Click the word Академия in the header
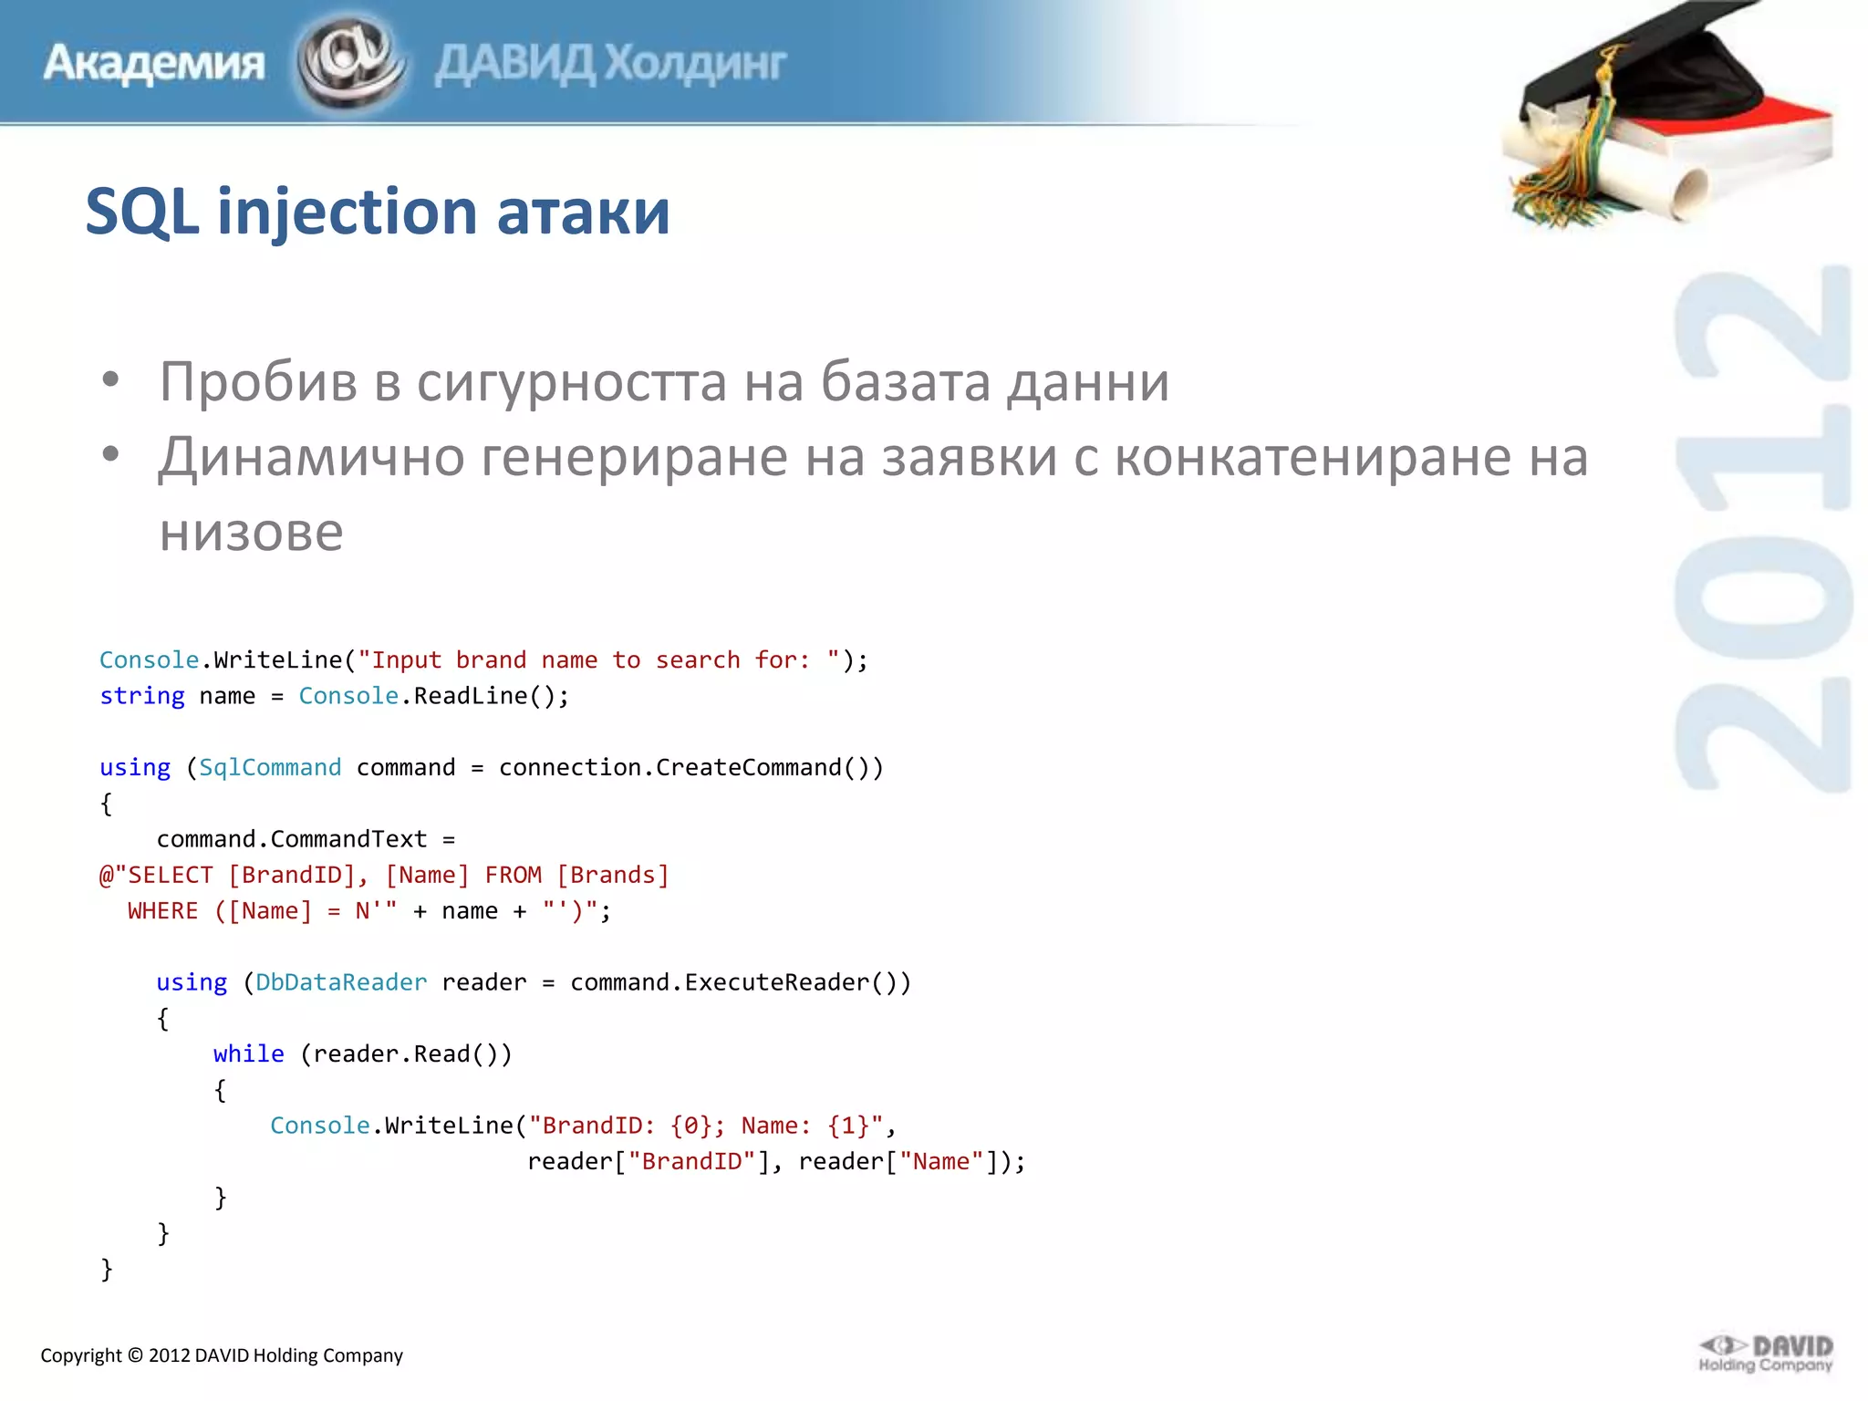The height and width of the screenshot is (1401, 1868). pyautogui.click(x=153, y=64)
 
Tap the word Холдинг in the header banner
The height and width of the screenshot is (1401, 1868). pyautogui.click(x=695, y=64)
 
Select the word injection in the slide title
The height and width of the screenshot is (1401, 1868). pyautogui.click(x=347, y=212)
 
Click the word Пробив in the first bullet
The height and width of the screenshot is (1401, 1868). pyautogui.click(x=258, y=381)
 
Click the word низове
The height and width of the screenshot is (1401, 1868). pyautogui.click(x=251, y=532)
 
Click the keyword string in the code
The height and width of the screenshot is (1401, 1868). pyautogui.click(x=142, y=696)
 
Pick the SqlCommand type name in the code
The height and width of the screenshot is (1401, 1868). pyautogui.click(x=270, y=767)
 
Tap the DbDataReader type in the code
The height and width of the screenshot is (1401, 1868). pyautogui.click(x=341, y=982)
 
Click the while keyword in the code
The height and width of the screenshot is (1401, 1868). pyautogui.click(x=249, y=1053)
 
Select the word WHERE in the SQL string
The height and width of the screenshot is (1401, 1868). pyautogui.click(x=162, y=911)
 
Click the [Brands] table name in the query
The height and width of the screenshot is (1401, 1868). pyautogui.click(x=613, y=876)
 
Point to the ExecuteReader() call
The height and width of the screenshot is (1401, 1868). pyautogui.click(x=797, y=982)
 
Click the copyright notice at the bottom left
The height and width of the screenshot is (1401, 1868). pyautogui.click(x=222, y=1355)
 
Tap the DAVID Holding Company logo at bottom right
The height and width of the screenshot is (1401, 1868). pyautogui.click(x=1766, y=1354)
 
